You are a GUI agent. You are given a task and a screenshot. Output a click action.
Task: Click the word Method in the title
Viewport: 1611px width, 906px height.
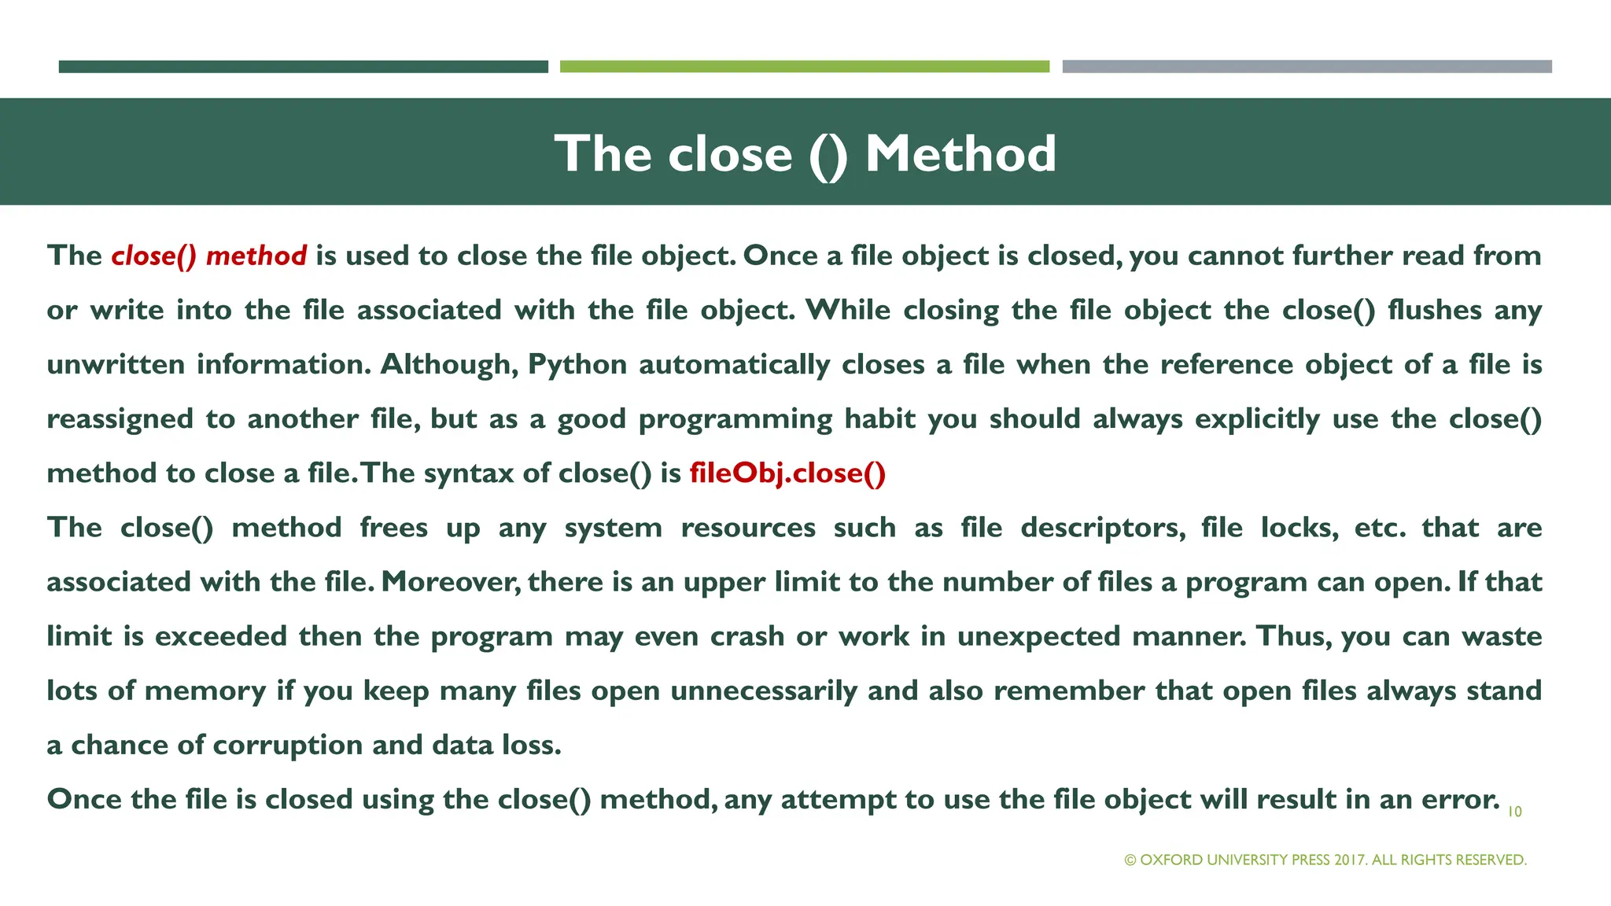tap(960, 153)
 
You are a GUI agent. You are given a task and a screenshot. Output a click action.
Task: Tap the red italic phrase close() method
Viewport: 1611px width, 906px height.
tap(208, 256)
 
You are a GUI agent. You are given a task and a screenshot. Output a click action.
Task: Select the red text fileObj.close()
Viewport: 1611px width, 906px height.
tap(787, 473)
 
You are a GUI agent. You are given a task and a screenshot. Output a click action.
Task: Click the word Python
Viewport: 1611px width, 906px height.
tap(577, 365)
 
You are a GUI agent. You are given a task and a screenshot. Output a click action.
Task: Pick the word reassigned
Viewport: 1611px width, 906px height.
tap(120, 419)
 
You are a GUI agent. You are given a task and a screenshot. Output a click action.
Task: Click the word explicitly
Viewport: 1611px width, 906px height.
tap(1257, 419)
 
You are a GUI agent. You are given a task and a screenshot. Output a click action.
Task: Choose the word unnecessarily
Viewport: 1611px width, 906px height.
tap(764, 691)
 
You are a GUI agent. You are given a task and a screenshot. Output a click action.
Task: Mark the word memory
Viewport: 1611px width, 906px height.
tap(205, 691)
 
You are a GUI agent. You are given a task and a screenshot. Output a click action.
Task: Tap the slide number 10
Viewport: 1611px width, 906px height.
tap(1514, 812)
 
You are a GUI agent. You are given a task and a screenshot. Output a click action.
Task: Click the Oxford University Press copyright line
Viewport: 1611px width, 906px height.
tap(1325, 860)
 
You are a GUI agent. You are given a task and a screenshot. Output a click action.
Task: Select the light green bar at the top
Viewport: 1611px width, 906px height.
tap(804, 67)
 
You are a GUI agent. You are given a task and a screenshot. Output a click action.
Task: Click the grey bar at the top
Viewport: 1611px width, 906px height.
tap(1307, 67)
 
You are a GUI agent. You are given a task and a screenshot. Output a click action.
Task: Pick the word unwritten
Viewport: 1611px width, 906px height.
tap(116, 365)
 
